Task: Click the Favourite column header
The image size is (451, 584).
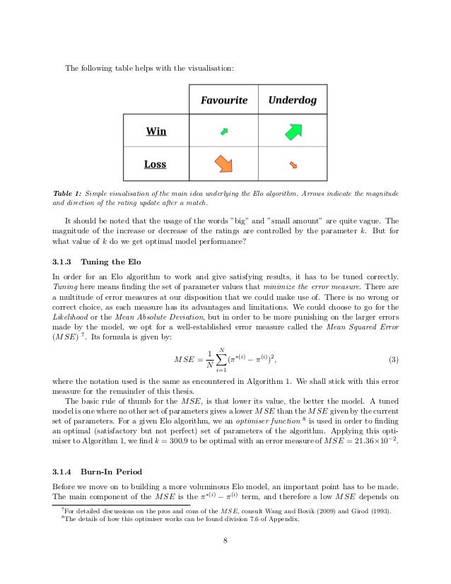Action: tap(223, 100)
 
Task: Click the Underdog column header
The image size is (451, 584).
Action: tap(293, 100)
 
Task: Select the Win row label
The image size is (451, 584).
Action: tap(156, 131)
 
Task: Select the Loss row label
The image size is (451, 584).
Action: tap(155, 164)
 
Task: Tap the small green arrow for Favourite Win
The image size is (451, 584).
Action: tap(224, 131)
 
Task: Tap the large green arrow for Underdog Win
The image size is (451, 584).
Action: tap(293, 131)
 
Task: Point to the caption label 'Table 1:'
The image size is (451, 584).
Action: tap(68, 193)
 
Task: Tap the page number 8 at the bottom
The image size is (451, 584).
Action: tap(225, 542)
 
